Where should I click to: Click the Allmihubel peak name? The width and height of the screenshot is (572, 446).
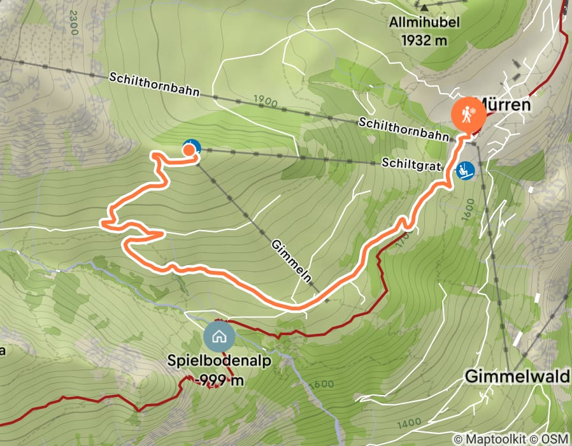pos(425,24)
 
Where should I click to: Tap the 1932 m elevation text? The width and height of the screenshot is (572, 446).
pos(425,40)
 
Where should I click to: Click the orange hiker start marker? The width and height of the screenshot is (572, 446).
pos(469,115)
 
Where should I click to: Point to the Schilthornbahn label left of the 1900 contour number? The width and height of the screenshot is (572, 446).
pos(154,85)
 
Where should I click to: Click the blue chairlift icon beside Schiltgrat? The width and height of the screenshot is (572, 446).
pos(465,171)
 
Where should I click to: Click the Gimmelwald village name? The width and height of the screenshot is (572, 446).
pos(517,376)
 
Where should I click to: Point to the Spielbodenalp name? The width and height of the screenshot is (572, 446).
pos(219,361)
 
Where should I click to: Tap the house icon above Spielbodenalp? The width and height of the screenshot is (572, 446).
pos(219,336)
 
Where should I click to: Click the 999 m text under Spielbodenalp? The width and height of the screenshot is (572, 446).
pos(221,380)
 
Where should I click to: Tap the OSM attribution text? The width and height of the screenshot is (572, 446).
pos(555,439)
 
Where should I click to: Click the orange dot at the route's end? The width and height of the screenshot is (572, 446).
pos(189,150)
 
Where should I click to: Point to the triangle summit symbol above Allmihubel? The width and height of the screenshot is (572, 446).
pos(424,7)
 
